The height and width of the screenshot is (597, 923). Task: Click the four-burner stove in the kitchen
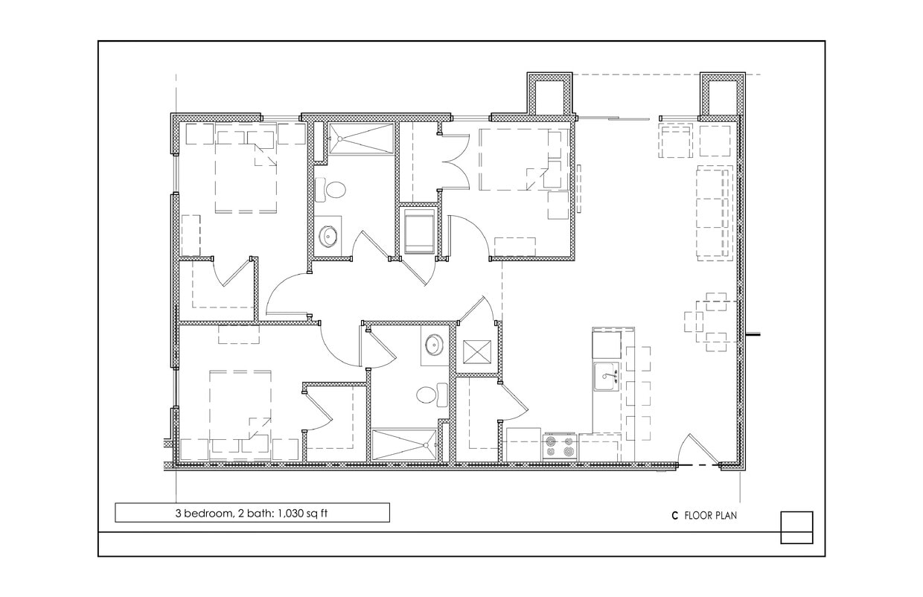[560, 447]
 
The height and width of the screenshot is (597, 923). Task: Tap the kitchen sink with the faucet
[607, 377]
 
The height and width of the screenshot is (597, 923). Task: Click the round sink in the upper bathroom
[329, 237]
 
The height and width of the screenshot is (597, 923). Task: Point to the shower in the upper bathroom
[361, 138]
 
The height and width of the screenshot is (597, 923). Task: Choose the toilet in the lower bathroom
[430, 395]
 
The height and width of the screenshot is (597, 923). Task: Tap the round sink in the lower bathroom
[434, 345]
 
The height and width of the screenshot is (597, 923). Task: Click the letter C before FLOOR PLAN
[674, 515]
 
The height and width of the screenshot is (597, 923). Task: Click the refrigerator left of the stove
[523, 445]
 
